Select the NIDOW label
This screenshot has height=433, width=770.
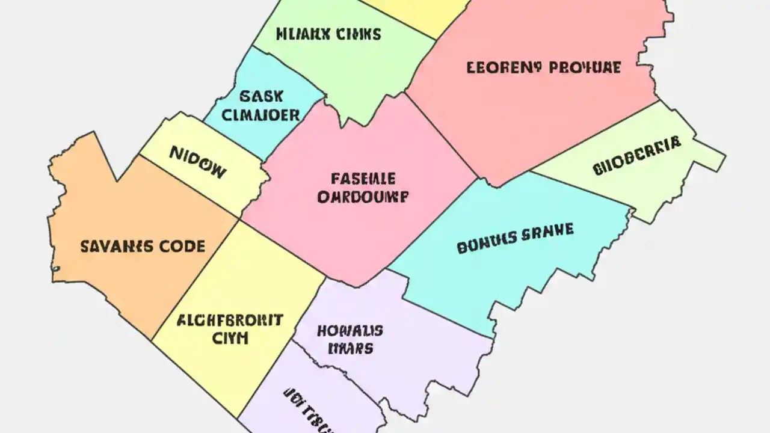pos(198,162)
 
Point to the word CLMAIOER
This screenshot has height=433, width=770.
pos(260,115)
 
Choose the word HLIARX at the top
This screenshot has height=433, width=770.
pos(300,34)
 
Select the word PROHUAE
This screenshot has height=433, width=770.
pos(582,67)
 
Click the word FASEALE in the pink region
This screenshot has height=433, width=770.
pos(363,178)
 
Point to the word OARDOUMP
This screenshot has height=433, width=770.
pos(363,197)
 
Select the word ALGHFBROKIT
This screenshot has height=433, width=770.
pos(230,320)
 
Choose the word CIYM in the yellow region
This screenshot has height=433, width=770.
pos(230,338)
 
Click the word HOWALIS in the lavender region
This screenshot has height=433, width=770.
pos(350,330)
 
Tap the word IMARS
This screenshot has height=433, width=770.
pos(350,348)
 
